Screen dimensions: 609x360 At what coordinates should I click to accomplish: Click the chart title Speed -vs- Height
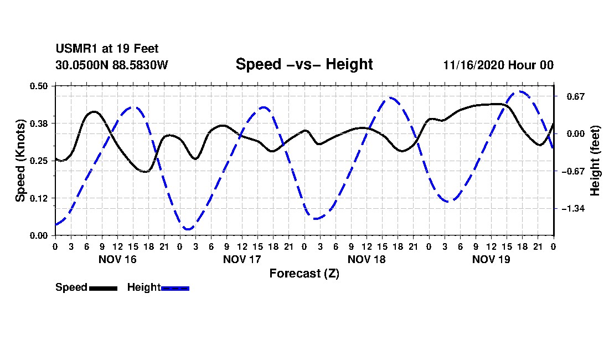304,64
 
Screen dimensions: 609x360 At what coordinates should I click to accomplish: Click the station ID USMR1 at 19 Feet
107,49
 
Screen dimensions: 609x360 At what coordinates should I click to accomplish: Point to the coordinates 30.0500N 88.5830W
111,65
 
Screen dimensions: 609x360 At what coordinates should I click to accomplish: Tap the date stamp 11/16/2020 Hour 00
498,65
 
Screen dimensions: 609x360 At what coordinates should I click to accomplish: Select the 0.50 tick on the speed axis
38,86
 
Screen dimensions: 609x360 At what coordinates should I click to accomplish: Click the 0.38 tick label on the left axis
38,124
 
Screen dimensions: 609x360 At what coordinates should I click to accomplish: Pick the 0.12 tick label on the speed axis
38,198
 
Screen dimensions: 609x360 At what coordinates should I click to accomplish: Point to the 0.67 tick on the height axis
576,96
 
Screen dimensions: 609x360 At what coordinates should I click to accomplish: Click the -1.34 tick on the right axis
573,209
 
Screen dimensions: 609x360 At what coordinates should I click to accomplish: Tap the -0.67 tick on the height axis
573,171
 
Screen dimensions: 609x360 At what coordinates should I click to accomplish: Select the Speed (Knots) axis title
20,161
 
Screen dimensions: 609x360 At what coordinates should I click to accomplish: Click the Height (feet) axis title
595,161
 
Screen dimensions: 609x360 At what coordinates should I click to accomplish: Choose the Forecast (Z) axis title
304,274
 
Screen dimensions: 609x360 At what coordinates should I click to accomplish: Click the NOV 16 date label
117,259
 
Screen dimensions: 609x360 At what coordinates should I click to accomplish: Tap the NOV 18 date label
367,259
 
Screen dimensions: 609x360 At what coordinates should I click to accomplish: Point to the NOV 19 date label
491,259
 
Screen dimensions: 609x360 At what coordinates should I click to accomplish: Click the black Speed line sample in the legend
104,288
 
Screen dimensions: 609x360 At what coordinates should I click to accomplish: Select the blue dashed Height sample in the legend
175,288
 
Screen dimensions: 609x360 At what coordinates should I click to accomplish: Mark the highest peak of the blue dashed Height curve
520,91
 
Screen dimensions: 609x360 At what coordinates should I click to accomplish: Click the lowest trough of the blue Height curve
188,229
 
